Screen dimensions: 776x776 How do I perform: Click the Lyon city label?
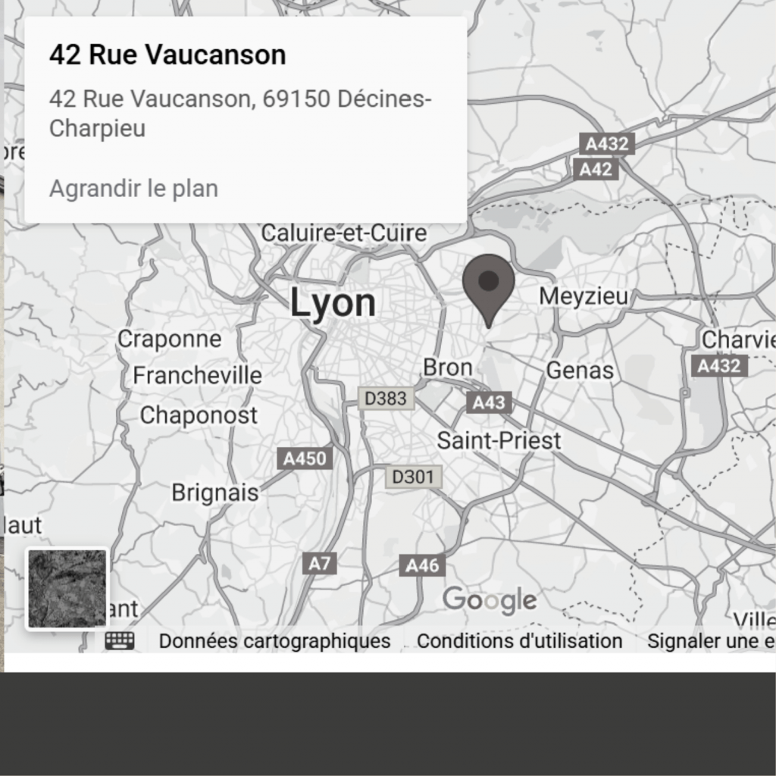333,303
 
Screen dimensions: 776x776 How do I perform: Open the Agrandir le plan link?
133,189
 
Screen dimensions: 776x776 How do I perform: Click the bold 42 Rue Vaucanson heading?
167,55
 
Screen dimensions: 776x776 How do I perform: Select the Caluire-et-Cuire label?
344,233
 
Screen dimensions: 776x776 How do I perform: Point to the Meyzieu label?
584,296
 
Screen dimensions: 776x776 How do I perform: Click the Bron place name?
447,368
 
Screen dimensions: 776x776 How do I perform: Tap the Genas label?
580,371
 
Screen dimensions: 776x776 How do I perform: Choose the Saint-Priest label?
499,440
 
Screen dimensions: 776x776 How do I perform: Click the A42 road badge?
595,169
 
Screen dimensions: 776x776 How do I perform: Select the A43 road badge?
489,402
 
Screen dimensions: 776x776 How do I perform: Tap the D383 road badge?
386,398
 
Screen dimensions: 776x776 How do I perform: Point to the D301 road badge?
414,477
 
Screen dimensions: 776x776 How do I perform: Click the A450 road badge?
305,458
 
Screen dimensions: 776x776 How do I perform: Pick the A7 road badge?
321,563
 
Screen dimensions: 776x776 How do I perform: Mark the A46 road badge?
422,565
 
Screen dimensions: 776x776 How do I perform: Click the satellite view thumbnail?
67,589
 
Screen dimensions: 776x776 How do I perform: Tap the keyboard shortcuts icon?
120,640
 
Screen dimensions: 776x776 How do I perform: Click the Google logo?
490,600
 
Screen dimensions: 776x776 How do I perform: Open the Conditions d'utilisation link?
519,641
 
